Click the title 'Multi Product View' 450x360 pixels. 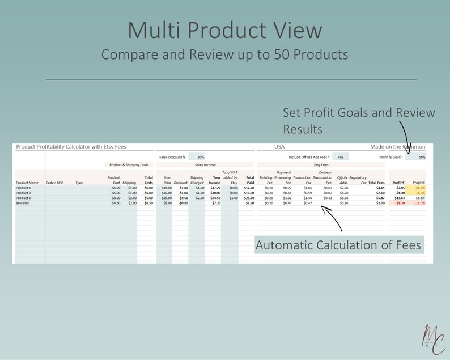[x=224, y=31]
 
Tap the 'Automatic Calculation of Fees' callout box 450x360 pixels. [x=339, y=245]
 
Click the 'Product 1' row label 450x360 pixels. [x=24, y=188]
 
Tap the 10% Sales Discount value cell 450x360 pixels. [x=201, y=157]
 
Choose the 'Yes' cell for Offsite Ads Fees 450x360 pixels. [x=340, y=157]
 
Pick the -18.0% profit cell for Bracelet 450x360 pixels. [x=419, y=202]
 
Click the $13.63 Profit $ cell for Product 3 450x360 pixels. [x=399, y=198]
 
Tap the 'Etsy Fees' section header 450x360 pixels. [x=321, y=165]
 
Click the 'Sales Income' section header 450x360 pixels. [x=205, y=165]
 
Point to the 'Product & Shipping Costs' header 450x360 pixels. [x=129, y=165]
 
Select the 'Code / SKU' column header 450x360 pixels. [x=54, y=183]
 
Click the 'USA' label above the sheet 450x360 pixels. [x=279, y=147]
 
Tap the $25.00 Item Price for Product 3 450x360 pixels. [x=167, y=198]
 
